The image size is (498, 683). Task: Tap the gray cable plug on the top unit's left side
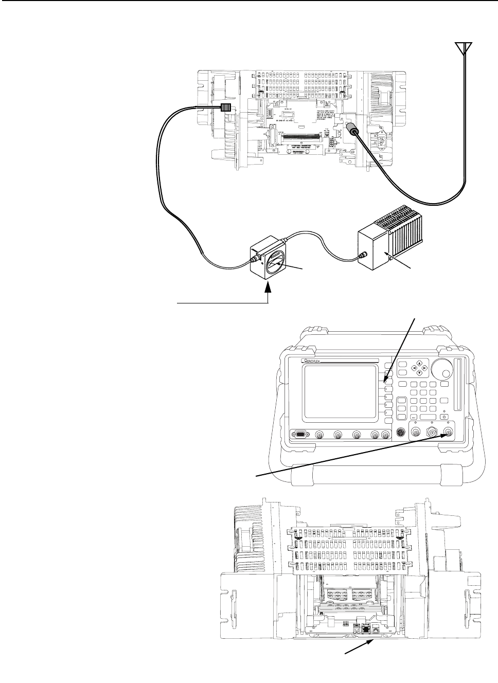(x=225, y=108)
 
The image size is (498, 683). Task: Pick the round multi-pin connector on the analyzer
(x=400, y=435)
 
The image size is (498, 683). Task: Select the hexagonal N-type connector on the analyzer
(x=432, y=434)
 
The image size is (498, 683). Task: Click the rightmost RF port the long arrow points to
(x=449, y=433)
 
